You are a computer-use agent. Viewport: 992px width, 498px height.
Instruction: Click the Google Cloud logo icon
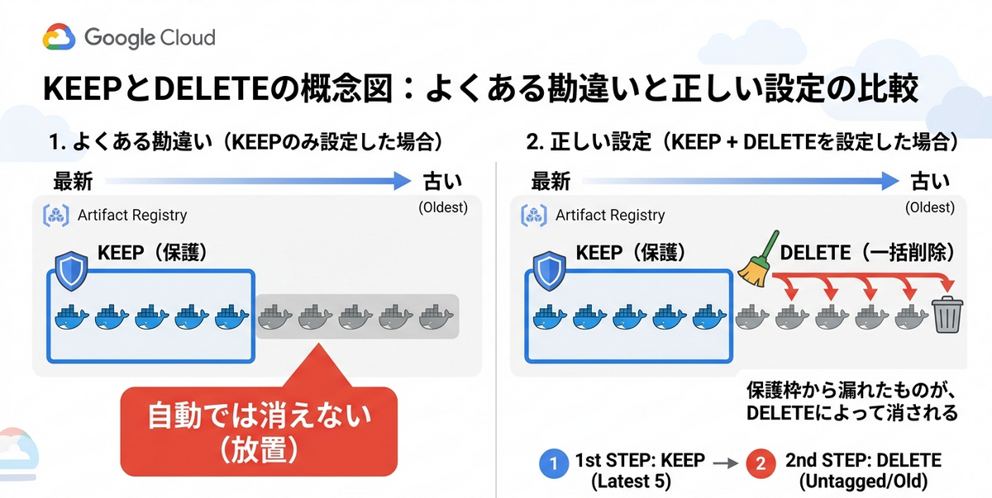click(59, 36)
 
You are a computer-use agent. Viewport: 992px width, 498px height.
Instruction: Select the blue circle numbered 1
click(554, 463)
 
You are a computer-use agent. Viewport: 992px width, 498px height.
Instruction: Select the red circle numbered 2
click(761, 463)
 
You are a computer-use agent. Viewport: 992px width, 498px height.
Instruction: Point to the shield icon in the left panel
click(71, 271)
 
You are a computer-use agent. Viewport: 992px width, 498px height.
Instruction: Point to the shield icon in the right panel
click(549, 271)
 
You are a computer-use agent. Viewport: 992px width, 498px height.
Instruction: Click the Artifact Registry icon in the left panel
click(56, 216)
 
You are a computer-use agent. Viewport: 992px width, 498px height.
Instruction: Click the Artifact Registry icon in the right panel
click(534, 216)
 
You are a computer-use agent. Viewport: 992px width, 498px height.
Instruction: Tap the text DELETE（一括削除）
click(867, 253)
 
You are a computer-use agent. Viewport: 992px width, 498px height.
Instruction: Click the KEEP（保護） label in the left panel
click(153, 253)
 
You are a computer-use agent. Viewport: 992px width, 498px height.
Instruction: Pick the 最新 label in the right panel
click(551, 182)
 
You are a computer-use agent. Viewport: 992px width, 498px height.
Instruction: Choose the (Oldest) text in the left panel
click(443, 207)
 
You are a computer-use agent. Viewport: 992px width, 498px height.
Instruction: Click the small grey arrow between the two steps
click(726, 463)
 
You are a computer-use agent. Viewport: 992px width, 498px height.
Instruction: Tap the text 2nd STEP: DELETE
click(864, 460)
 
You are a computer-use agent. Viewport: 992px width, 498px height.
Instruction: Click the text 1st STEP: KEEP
click(640, 460)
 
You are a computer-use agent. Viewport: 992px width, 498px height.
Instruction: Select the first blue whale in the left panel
click(72, 316)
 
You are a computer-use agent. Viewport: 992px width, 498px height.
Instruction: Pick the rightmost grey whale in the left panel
click(436, 316)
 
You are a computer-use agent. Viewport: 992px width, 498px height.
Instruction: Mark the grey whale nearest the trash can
click(912, 316)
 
